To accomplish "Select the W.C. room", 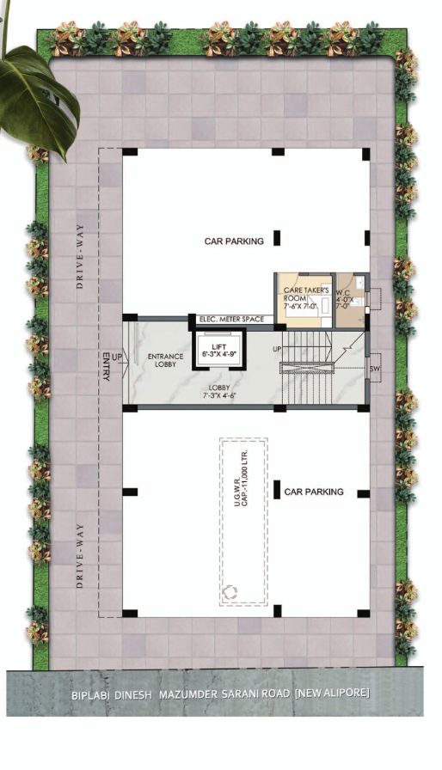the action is pyautogui.click(x=351, y=301).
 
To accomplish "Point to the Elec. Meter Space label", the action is pyautogui.click(x=232, y=319).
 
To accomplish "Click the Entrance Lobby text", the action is pyautogui.click(x=165, y=360).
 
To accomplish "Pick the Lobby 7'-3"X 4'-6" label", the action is pyautogui.click(x=219, y=391).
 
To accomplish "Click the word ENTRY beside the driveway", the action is pyautogui.click(x=106, y=366).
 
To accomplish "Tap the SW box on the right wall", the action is pyautogui.click(x=375, y=369).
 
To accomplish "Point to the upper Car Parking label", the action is pyautogui.click(x=234, y=241).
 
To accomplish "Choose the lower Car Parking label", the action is pyautogui.click(x=314, y=492).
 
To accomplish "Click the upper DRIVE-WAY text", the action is pyautogui.click(x=80, y=256).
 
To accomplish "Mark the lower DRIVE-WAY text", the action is pyautogui.click(x=80, y=555).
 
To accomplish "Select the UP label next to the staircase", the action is pyautogui.click(x=278, y=349).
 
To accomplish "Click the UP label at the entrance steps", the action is pyautogui.click(x=117, y=356).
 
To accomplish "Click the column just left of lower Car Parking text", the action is pyautogui.click(x=277, y=490).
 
